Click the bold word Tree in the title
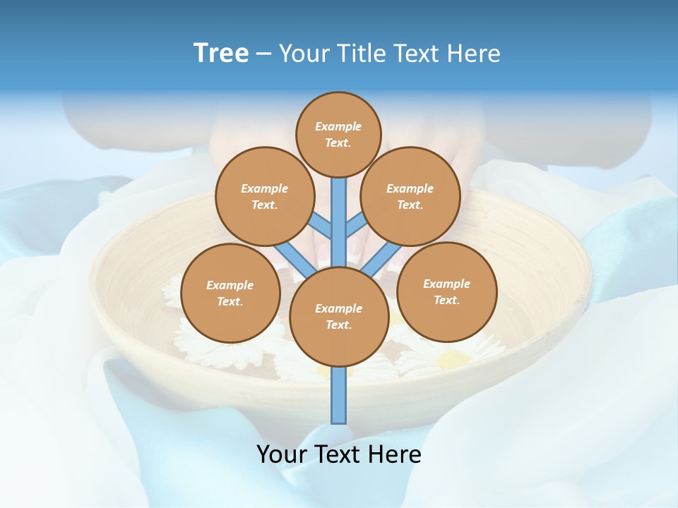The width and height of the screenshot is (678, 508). [221, 53]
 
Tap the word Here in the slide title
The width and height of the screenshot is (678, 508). [474, 54]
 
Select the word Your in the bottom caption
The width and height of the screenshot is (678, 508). [282, 454]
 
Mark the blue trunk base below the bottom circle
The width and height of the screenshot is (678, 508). [339, 395]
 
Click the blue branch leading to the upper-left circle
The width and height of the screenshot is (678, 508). [321, 226]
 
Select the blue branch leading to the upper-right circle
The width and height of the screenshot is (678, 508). [356, 226]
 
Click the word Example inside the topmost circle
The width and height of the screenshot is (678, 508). [338, 127]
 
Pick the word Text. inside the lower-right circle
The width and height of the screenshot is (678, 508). [446, 300]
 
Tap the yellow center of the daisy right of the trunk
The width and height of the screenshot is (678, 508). [452, 359]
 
